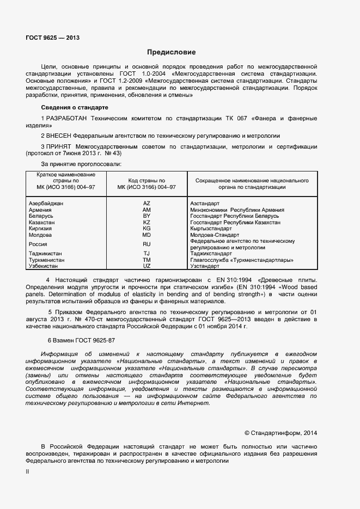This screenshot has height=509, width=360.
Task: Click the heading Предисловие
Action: (x=171, y=52)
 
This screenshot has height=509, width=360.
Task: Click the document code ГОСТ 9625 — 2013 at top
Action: (x=52, y=38)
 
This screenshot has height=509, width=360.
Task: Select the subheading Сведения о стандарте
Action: (x=75, y=108)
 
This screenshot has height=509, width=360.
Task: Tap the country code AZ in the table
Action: (x=147, y=203)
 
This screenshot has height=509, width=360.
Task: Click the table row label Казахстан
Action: (x=41, y=223)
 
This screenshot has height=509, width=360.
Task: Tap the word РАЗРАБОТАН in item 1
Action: (x=68, y=118)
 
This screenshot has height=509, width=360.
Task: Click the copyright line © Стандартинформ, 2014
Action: (x=280, y=433)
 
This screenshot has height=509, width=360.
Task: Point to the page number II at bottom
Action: (x=27, y=471)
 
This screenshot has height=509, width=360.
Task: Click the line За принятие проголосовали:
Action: (x=81, y=163)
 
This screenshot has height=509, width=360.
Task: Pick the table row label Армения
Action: (x=40, y=210)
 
